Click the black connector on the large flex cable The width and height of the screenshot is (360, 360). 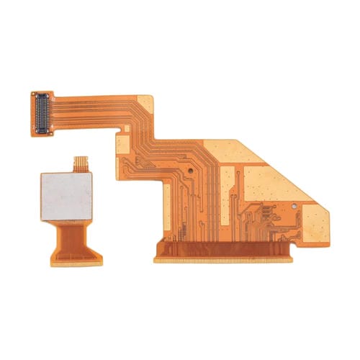[x=42, y=114]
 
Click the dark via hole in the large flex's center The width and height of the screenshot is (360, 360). [x=189, y=171]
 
